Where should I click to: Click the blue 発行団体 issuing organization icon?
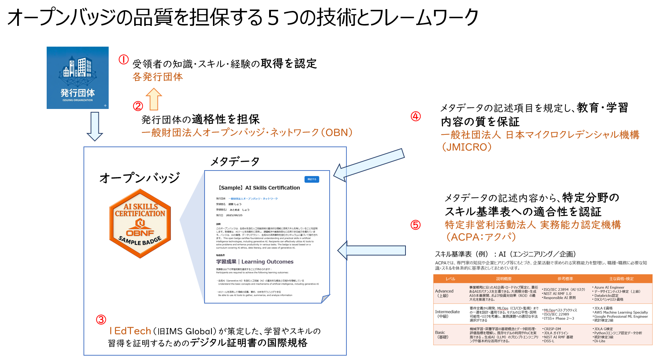77,78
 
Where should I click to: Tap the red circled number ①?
124,59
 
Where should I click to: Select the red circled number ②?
138,106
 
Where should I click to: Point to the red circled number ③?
101,320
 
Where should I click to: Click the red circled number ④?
416,116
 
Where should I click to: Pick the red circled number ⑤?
416,225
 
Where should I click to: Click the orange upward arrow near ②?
154,99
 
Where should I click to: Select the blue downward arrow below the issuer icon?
95,126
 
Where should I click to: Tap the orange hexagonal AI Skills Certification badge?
140,223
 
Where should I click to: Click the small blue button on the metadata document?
312,179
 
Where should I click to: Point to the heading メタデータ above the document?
235,161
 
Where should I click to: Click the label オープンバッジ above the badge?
140,178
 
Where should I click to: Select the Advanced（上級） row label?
444,293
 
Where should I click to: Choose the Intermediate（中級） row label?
447,314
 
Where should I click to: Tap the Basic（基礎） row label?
442,334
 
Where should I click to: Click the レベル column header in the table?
450,279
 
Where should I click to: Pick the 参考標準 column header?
565,279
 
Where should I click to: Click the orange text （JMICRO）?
467,147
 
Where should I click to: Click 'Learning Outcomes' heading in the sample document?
267,262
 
